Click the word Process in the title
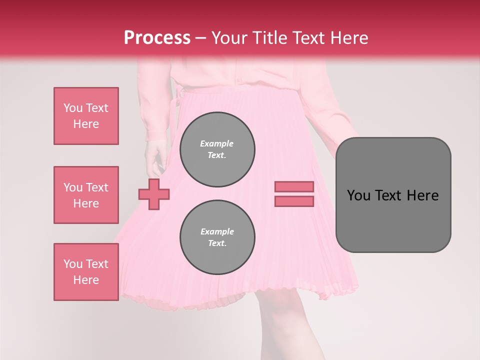[157, 38]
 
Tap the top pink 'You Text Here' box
[86, 116]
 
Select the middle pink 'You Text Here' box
[86, 195]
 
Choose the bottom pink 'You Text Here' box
[86, 272]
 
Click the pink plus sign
[154, 194]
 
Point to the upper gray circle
[217, 149]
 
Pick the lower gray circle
[217, 237]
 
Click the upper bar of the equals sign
[294, 186]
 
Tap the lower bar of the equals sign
[294, 201]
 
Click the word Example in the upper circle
[217, 143]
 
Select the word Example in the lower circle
[217, 231]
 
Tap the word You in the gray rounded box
[358, 195]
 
